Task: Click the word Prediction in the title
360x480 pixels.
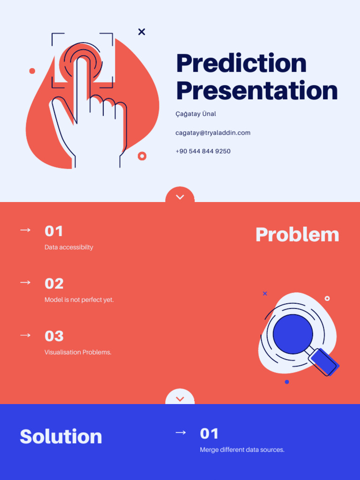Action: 241,63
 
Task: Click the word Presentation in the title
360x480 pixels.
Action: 257,90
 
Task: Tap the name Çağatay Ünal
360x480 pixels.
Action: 195,114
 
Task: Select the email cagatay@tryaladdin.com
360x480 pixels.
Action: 213,133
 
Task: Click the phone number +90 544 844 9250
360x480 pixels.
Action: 203,151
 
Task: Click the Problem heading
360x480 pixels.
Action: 297,234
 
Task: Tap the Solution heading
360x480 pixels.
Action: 61,436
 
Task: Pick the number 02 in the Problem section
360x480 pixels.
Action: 54,284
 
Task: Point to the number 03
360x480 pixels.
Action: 54,336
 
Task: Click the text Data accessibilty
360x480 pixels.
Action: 69,247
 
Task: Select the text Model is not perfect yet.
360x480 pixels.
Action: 79,300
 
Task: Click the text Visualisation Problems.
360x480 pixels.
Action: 78,352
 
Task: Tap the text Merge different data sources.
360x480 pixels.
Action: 242,450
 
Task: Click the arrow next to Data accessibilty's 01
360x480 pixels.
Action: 25,230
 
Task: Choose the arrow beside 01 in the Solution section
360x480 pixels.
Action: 180,433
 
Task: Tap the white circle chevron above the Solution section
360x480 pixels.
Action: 180,398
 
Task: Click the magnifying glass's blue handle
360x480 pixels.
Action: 324,362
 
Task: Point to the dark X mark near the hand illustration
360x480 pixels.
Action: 142,32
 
